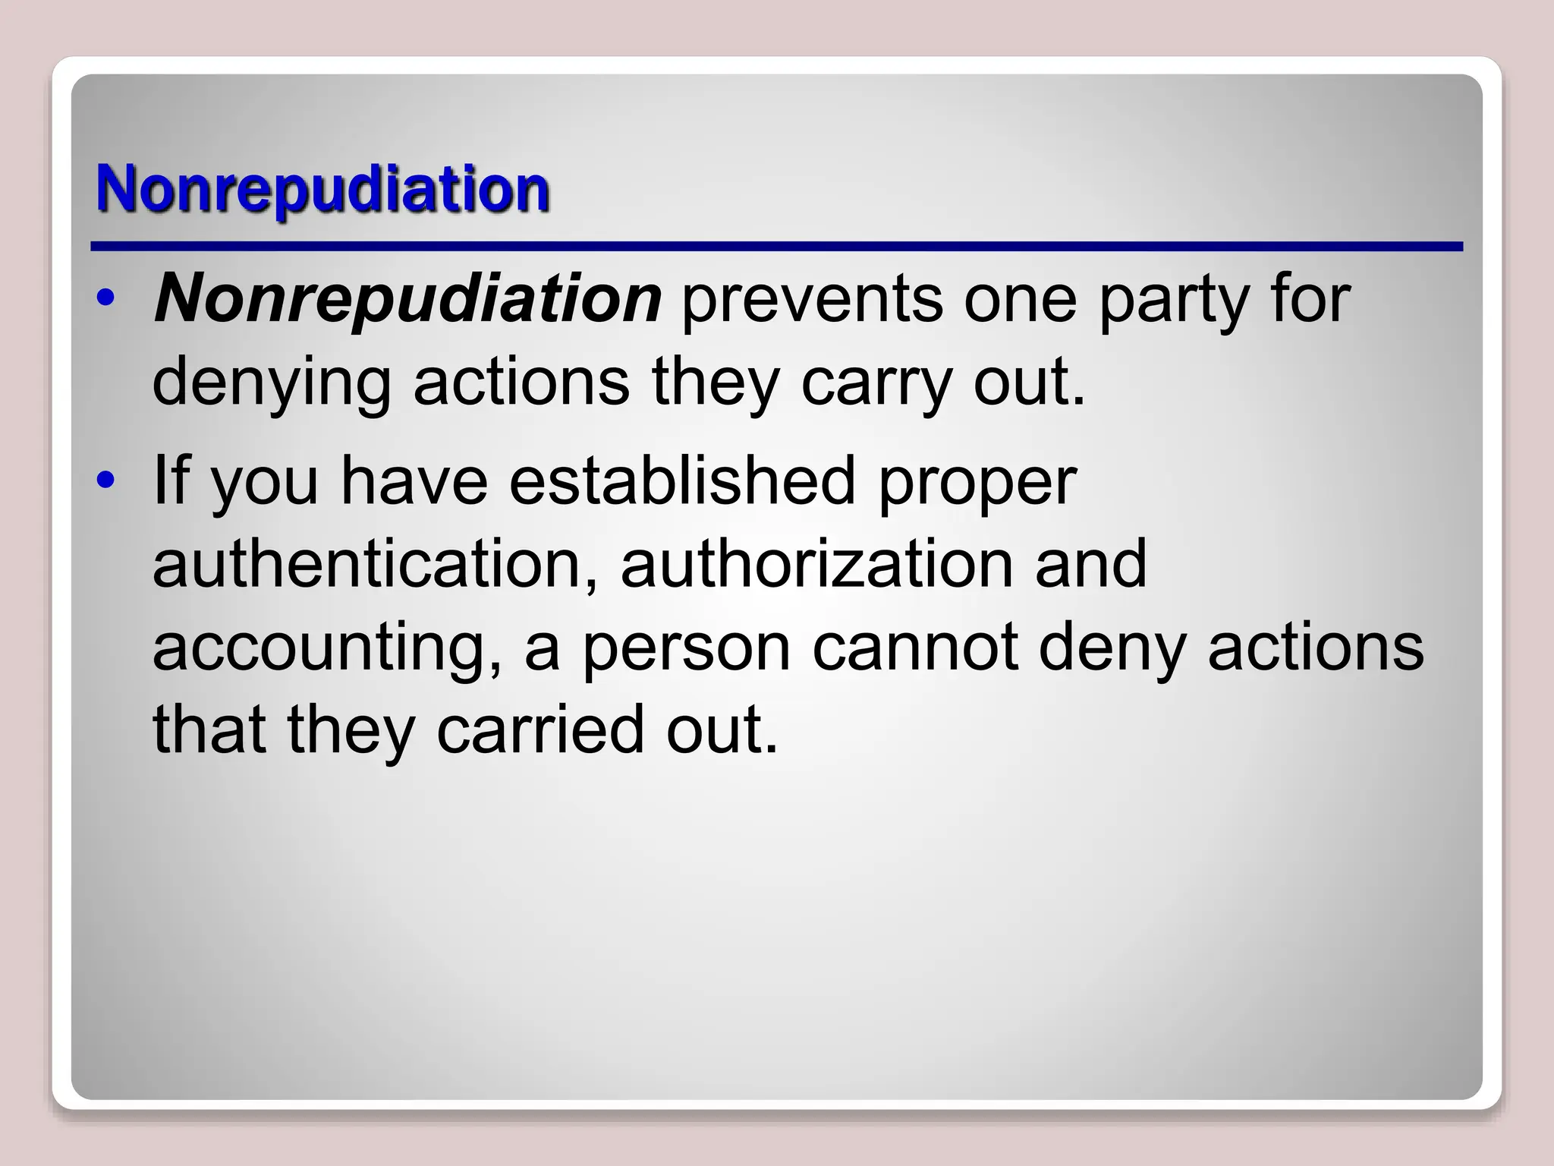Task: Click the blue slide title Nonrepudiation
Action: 322,190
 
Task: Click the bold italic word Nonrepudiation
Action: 408,298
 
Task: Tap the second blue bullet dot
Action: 107,480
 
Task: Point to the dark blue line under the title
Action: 776,247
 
